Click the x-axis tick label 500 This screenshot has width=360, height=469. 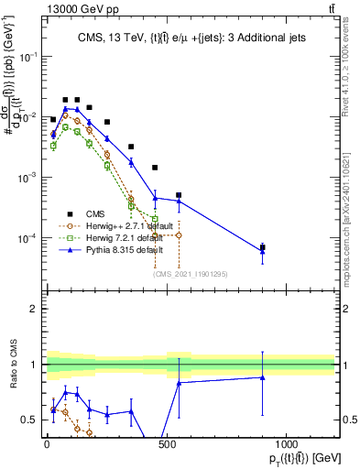click(167, 444)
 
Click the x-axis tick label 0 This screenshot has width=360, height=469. click(47, 444)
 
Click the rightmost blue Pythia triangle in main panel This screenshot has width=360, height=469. click(262, 251)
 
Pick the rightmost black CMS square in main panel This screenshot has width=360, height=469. click(262, 247)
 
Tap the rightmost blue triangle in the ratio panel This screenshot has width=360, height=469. click(262, 377)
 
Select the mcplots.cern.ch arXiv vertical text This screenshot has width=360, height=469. click(353, 211)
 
